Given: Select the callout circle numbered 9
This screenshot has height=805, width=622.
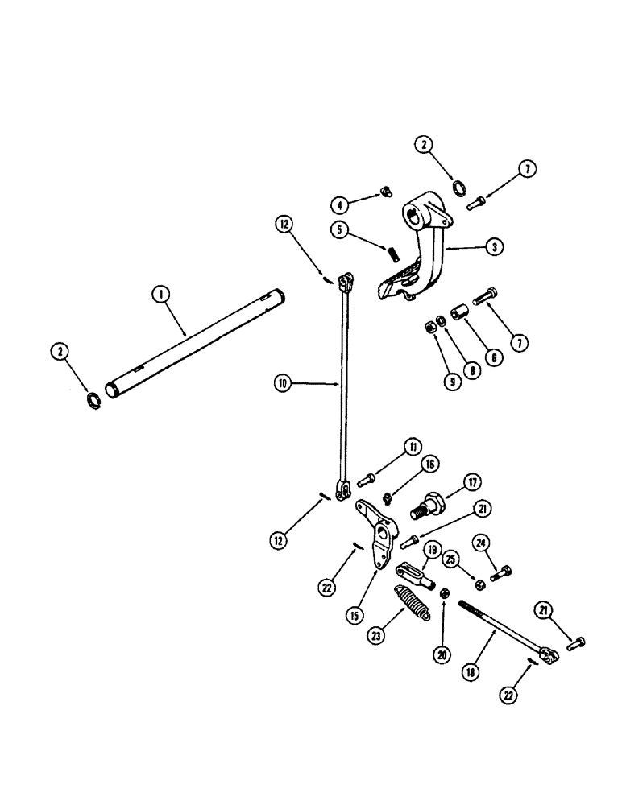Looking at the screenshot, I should [x=453, y=382].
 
